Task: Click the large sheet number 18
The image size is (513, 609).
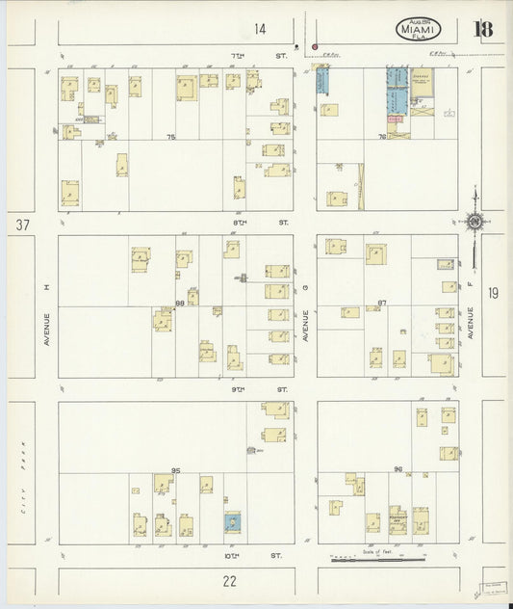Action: pyautogui.click(x=482, y=28)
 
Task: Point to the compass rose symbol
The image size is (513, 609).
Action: pyautogui.click(x=474, y=221)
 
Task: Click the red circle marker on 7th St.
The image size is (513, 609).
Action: pyautogui.click(x=314, y=45)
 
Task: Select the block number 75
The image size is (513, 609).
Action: pyautogui.click(x=171, y=138)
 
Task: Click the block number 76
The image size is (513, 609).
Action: pyautogui.click(x=382, y=137)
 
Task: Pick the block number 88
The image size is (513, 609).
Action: pyautogui.click(x=180, y=304)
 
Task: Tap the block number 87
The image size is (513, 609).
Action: pyautogui.click(x=382, y=303)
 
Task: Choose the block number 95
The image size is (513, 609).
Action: pyautogui.click(x=176, y=469)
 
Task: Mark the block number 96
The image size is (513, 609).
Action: pyautogui.click(x=398, y=469)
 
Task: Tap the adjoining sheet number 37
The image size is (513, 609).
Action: pyautogui.click(x=19, y=225)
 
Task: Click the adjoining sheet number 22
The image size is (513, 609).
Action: pyautogui.click(x=229, y=580)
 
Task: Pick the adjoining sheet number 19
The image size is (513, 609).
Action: pyautogui.click(x=494, y=293)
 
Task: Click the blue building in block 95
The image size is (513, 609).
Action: pyautogui.click(x=232, y=523)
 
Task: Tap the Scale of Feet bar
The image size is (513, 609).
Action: pyautogui.click(x=376, y=558)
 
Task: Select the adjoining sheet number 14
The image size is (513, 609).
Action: pyautogui.click(x=260, y=28)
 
